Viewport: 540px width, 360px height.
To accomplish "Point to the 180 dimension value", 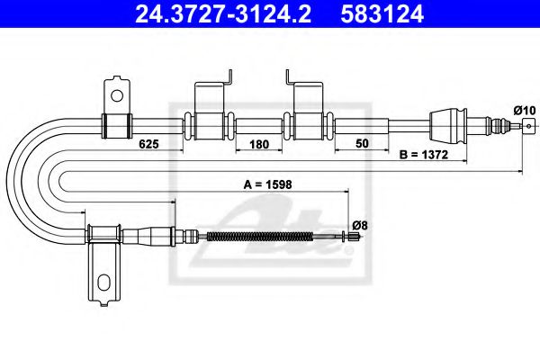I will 259,143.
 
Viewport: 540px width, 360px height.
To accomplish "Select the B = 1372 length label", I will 424,155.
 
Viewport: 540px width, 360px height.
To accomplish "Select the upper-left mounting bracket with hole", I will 116,106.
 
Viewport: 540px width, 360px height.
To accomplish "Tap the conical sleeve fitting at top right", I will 449,123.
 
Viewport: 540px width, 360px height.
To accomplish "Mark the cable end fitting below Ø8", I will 355,237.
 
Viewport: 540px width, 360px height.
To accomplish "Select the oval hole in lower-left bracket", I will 103,282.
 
